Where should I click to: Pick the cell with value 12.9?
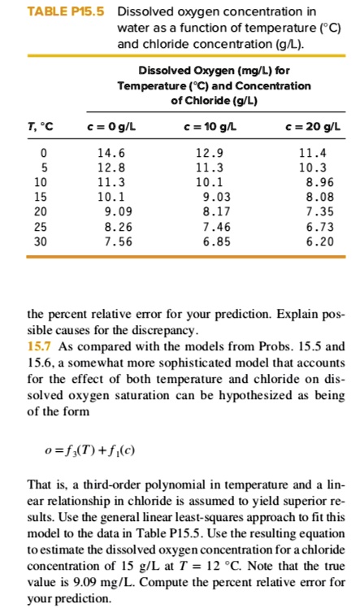click(210, 152)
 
